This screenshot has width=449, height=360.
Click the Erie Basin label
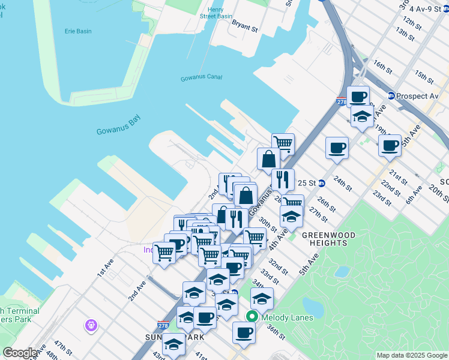click(76, 30)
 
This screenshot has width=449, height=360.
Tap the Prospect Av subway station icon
click(391, 95)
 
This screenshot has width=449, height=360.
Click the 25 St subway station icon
click(322, 182)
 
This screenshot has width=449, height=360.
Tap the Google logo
click(19, 353)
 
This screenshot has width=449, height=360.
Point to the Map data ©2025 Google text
click(411, 355)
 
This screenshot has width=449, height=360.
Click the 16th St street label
click(382, 64)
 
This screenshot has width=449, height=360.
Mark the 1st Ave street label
click(106, 268)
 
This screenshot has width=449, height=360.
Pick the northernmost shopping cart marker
click(283, 143)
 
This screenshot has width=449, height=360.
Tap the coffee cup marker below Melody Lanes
click(244, 332)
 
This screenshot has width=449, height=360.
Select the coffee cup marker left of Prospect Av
click(358, 96)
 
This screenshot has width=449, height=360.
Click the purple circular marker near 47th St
click(91, 325)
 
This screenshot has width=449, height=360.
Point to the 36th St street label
click(276, 330)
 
